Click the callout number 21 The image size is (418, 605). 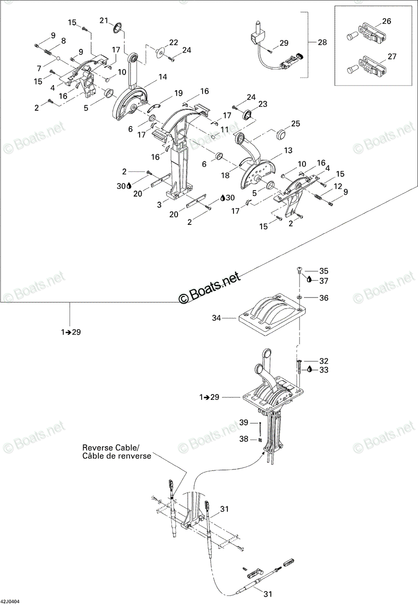coord(104,21)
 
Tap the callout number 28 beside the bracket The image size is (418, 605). coord(322,42)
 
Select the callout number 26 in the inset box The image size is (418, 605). coord(387,21)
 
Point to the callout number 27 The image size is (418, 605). coord(392,56)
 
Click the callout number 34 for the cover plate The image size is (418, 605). coord(216,318)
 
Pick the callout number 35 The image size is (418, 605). coord(324,271)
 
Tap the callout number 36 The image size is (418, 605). coord(324,297)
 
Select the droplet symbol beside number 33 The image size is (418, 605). coord(310,369)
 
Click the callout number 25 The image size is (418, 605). coord(295,124)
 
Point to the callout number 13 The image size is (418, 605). coord(288,150)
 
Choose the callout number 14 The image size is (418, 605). coord(163,77)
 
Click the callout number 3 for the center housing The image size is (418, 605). coord(159,205)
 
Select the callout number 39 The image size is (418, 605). coord(244,422)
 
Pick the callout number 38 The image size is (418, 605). coord(244,439)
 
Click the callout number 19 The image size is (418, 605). coord(178,93)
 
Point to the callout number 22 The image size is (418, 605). coord(173,42)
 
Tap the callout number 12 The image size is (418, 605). coord(338,186)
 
